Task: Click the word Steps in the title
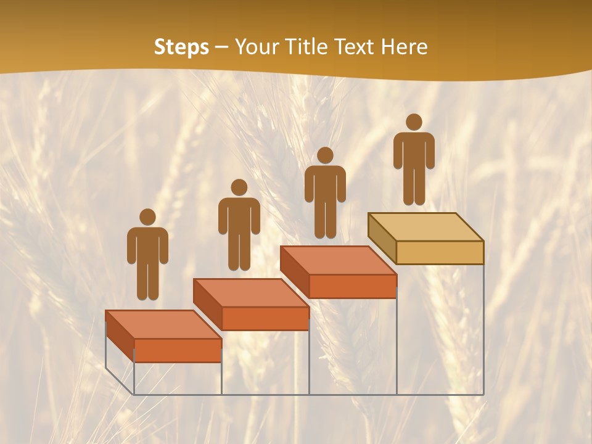[181, 47]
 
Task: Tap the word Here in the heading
[404, 47]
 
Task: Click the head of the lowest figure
[147, 217]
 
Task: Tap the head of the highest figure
[414, 122]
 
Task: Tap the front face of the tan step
[440, 252]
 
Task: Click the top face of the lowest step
[163, 324]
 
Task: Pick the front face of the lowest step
[178, 350]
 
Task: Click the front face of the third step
[352, 286]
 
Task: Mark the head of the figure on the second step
[239, 187]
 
